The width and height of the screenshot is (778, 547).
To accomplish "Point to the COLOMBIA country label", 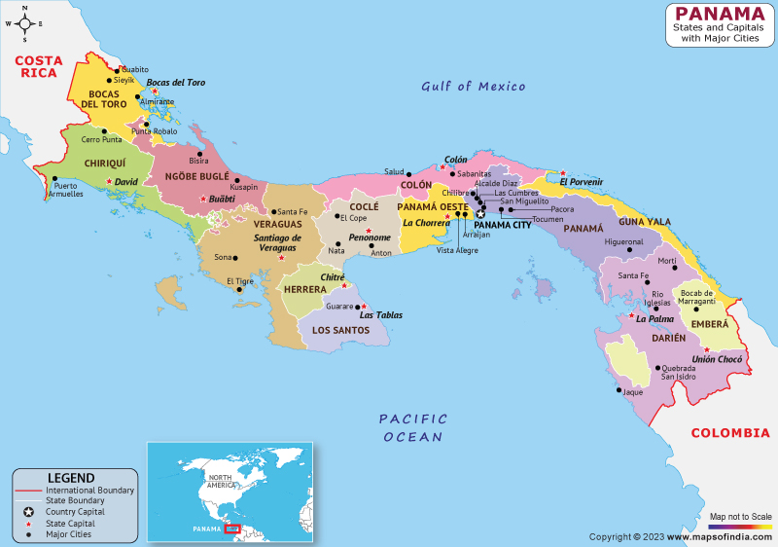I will point(728,433).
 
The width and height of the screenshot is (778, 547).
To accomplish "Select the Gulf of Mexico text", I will point(473,87).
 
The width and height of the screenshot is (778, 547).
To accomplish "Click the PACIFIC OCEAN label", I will point(413,427).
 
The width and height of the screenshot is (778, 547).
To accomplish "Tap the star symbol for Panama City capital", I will point(479,214).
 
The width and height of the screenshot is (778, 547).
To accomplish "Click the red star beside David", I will point(109,181).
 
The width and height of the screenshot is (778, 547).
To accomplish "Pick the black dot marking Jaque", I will point(619,391).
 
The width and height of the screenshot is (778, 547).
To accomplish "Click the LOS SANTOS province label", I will point(340,330).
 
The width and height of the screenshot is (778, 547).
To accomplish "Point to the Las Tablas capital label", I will point(381,315).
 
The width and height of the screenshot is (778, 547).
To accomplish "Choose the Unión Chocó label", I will point(718,359).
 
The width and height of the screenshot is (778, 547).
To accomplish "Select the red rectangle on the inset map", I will point(232,529).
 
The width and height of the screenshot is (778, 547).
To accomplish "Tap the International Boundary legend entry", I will point(89,491).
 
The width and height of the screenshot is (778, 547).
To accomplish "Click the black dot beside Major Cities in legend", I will point(29,533).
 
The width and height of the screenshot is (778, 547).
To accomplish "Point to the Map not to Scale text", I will point(740,516).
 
